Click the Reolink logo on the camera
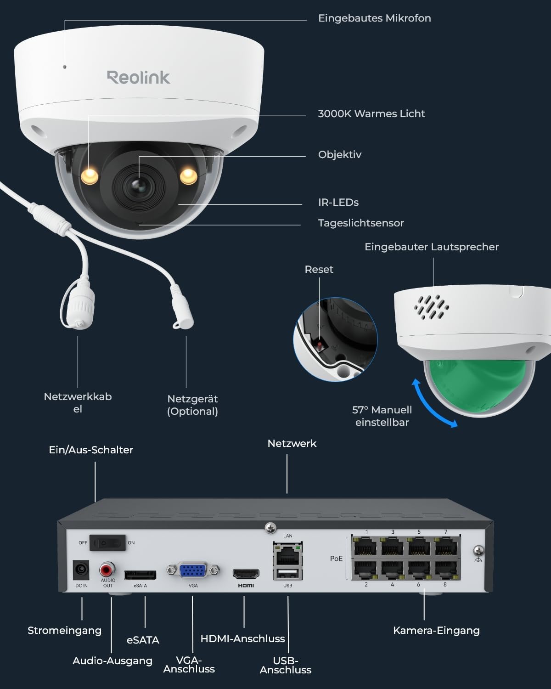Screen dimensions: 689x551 pos(138,77)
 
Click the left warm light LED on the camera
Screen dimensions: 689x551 pos(90,175)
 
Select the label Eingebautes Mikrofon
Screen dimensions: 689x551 pos(374,18)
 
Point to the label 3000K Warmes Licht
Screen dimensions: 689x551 pos(371,114)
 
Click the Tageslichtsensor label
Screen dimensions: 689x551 pos(361,223)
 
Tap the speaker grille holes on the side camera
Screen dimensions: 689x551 pos(431,307)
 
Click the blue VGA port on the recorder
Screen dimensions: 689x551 pos(193,570)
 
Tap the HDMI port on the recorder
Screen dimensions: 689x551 pos(246,574)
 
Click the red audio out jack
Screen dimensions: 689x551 pos(107,570)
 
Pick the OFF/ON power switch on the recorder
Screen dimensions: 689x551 pos(107,543)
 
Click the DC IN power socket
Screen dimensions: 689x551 pos(81,570)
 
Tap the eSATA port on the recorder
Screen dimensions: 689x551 pos(140,575)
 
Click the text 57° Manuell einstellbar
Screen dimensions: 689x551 pos(382,416)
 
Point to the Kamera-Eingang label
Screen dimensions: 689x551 pos(436,631)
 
